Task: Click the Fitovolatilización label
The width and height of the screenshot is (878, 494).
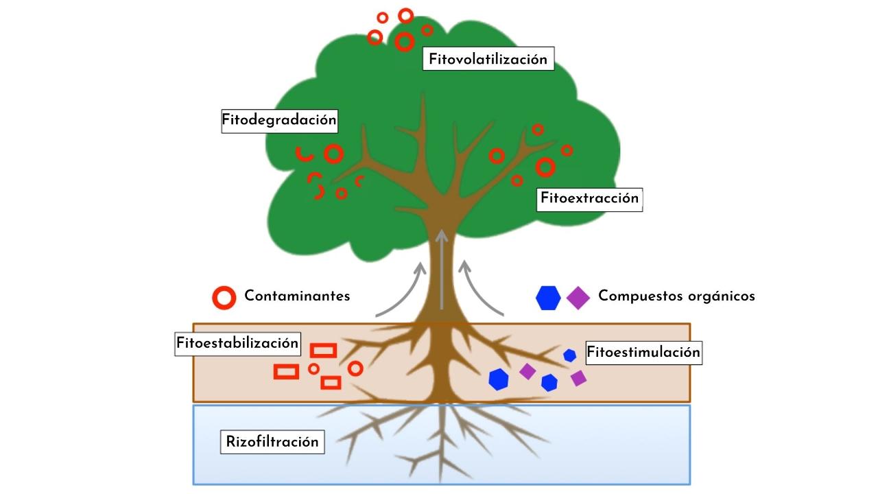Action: pos(488,59)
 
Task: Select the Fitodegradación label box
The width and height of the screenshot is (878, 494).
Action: pos(279,120)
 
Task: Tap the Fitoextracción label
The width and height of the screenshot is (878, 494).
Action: pos(589,199)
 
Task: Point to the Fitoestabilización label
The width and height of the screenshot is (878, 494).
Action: pos(237,342)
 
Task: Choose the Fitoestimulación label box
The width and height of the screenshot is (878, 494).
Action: pos(643,353)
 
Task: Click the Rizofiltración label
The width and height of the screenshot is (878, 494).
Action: pos(272,442)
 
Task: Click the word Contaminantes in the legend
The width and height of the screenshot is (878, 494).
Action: pos(297,296)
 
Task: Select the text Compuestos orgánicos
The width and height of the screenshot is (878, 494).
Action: pos(676,296)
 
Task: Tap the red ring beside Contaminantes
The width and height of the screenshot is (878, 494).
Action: pos(224,297)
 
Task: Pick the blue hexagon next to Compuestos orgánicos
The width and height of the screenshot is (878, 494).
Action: pos(548,298)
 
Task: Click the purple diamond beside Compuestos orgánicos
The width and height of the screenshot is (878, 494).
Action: pos(578,298)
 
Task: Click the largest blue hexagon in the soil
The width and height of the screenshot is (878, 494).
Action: pos(499,379)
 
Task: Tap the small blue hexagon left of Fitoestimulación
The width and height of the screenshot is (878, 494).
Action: pos(569,355)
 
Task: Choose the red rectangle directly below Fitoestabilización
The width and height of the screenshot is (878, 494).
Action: pos(323,351)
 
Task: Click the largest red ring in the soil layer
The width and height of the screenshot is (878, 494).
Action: pos(355,368)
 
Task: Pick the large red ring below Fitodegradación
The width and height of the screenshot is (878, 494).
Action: pos(333,154)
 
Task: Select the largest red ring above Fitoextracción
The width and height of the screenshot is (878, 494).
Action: pos(545,167)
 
